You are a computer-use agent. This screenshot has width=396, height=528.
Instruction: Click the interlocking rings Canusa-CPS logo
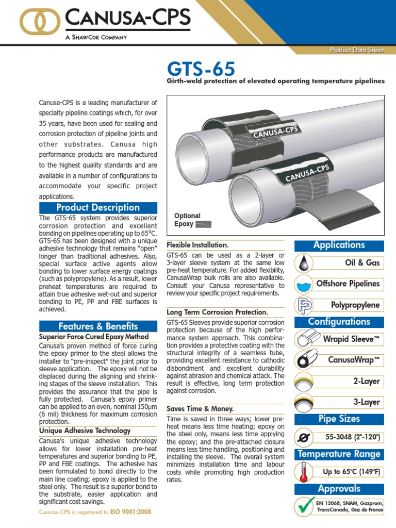pos(40,22)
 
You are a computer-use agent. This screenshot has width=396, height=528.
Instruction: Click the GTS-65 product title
pos(201,70)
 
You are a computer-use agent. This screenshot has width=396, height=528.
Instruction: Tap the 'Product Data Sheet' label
pos(357,49)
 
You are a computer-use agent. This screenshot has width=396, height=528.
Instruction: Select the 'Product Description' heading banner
pos(98,207)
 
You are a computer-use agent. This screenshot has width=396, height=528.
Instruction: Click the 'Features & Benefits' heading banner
pos(98,326)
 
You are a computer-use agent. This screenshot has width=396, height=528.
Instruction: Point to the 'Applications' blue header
pos(339,245)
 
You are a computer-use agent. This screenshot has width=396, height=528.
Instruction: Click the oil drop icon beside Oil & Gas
pos(304,263)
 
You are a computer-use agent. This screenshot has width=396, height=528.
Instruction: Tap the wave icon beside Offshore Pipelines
pos(304,284)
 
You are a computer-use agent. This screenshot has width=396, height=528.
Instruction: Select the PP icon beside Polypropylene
pos(304,305)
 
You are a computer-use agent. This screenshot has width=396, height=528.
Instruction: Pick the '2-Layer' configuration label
pos(367,381)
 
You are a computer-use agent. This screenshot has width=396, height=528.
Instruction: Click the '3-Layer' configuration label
pos(367,402)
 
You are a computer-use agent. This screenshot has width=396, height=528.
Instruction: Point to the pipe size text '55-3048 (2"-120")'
pos(352,437)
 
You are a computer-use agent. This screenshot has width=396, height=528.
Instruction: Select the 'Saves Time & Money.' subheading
pos(200,408)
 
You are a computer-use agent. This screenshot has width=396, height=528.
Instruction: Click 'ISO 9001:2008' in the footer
pos(131,513)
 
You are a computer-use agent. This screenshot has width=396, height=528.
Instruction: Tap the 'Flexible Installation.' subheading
pos(197,244)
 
